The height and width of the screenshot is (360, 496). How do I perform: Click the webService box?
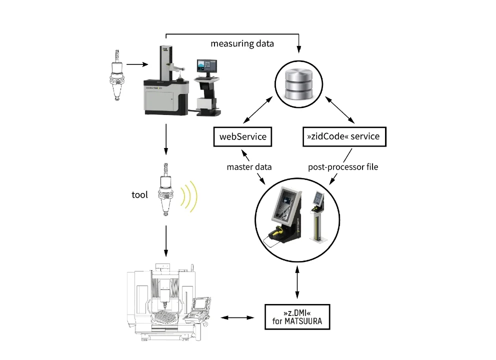242,136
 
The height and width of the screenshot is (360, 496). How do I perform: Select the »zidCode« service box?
344,136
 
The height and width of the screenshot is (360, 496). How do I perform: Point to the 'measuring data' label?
242,43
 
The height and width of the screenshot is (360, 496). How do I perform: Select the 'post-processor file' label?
343,167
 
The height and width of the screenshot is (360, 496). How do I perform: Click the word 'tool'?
139,195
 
